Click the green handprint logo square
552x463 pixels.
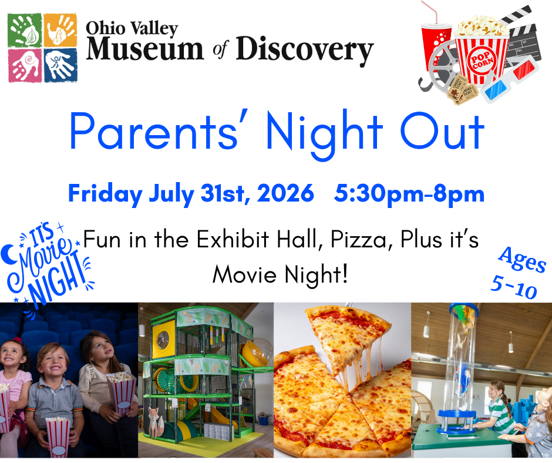25,31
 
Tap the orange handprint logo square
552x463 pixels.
60,31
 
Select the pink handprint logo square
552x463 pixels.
25,66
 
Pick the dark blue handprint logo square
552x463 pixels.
60,66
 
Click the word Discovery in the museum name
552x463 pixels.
305,51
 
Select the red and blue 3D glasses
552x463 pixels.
510,80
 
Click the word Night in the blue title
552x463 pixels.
324,133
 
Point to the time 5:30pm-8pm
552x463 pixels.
409,194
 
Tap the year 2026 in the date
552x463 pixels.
285,193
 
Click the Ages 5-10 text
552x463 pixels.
518,273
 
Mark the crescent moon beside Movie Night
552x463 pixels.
7,254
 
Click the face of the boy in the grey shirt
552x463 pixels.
53,363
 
